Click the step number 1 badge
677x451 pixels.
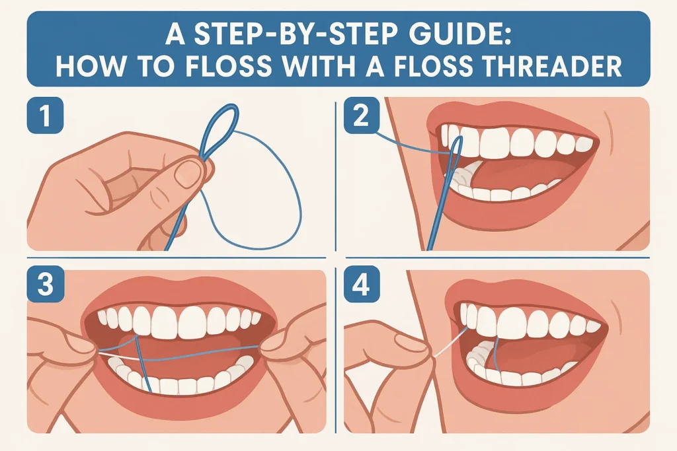[x=45, y=115]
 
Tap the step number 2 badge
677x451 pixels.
[x=362, y=115]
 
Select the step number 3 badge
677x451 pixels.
[x=46, y=284]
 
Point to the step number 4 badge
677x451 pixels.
[x=362, y=284]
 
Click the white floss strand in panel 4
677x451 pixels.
[x=450, y=343]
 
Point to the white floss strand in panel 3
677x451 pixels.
[x=118, y=356]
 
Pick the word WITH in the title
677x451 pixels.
[x=320, y=66]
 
